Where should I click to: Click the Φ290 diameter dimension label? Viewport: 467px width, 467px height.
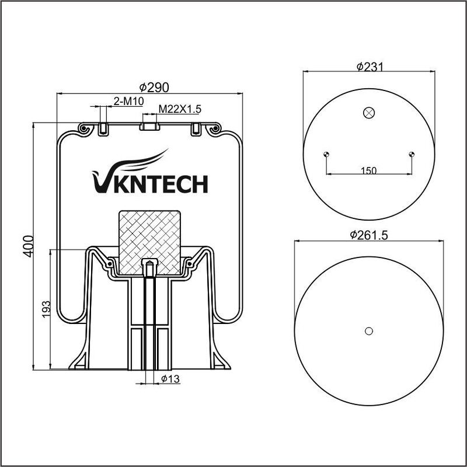(x=154, y=87)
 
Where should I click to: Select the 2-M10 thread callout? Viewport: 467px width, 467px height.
(x=128, y=102)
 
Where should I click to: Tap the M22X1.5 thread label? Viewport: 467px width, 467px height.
(x=180, y=109)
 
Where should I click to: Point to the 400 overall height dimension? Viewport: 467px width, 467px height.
(x=28, y=246)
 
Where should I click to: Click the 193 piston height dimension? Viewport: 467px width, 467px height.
(x=46, y=309)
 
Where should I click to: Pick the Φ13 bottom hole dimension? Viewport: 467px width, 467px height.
(x=170, y=379)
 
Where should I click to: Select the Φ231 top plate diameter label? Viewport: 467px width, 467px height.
(x=370, y=67)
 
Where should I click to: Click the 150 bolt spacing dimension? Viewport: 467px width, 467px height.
(x=369, y=170)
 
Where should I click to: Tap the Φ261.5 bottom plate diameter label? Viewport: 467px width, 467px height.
(x=369, y=235)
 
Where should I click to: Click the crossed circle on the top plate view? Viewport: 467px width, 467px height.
(x=369, y=113)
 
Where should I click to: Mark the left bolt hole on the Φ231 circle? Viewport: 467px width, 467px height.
(x=326, y=154)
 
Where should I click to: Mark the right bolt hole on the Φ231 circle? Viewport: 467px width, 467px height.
(x=412, y=154)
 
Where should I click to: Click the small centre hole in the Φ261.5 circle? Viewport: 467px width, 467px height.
(x=369, y=331)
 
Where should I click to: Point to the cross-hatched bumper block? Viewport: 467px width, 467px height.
(x=150, y=243)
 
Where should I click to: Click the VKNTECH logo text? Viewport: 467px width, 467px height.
(x=150, y=183)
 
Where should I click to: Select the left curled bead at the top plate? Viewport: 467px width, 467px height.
(x=83, y=129)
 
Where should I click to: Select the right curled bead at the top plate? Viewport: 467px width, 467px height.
(x=214, y=129)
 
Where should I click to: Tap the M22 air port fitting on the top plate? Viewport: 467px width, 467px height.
(x=150, y=126)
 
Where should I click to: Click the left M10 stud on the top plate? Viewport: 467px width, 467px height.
(x=103, y=129)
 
